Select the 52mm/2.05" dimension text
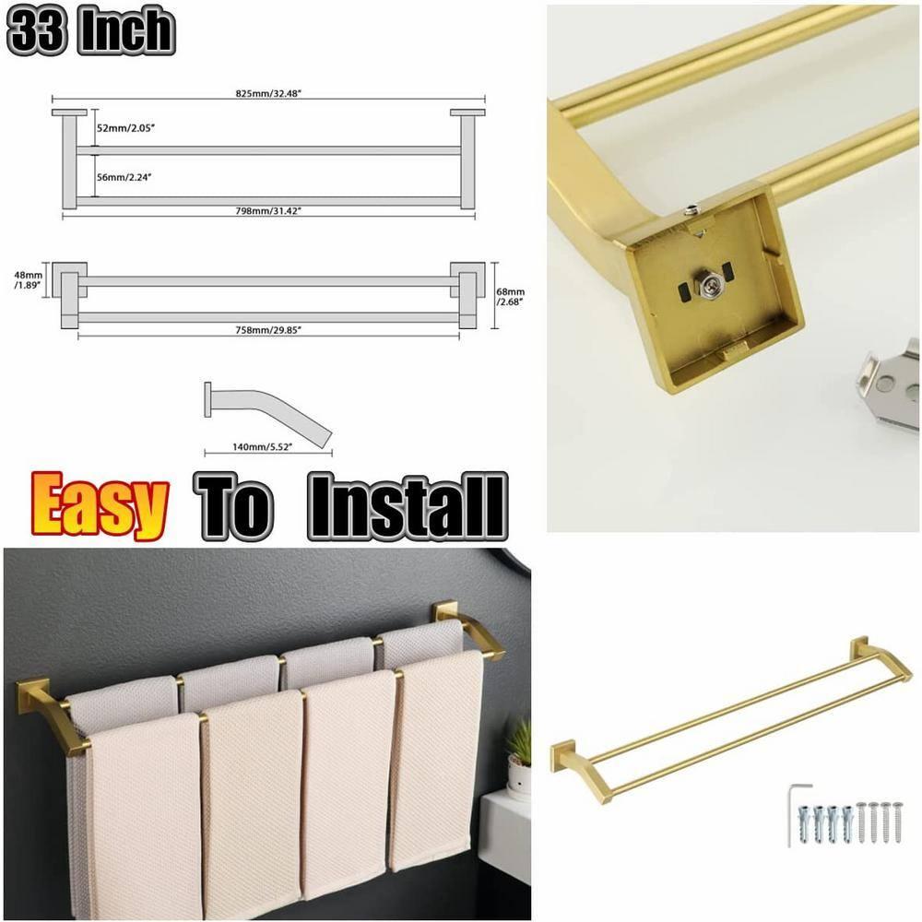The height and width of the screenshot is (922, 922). [x=126, y=128]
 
